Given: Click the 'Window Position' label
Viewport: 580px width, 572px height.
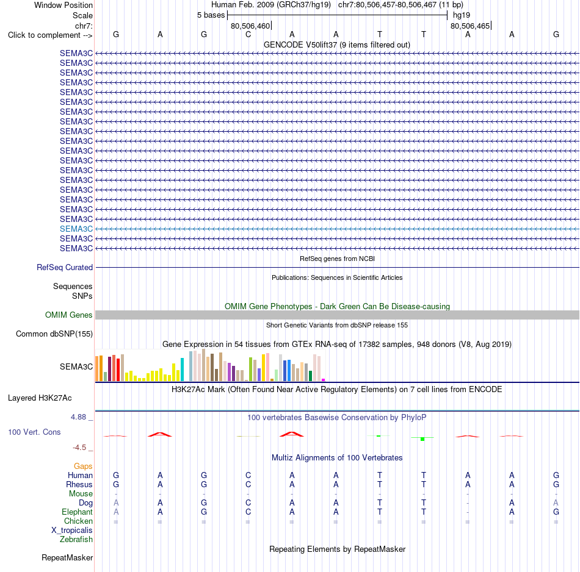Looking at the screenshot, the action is click(63, 5).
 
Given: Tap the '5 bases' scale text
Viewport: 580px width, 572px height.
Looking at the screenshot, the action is click(211, 15).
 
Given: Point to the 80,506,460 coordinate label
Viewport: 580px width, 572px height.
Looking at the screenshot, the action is click(250, 26).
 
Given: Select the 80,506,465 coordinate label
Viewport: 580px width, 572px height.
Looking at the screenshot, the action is click(470, 26).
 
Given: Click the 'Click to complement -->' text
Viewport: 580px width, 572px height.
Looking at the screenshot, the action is click(50, 35).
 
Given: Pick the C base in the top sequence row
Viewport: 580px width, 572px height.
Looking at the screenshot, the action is click(248, 34).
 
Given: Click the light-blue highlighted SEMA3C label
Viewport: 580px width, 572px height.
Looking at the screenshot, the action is click(76, 229).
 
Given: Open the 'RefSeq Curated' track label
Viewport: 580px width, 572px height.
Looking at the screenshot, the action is click(65, 267).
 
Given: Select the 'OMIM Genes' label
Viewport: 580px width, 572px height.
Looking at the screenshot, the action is click(69, 315).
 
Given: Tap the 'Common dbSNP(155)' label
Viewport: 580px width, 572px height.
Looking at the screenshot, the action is click(54, 334).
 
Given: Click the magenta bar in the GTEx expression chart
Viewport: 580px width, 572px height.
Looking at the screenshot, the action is click(324, 380).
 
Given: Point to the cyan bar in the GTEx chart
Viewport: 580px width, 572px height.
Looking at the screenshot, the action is click(182, 370).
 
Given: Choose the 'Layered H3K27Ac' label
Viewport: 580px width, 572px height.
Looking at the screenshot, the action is click(40, 398).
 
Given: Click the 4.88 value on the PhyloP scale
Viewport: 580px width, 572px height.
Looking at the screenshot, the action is click(78, 417).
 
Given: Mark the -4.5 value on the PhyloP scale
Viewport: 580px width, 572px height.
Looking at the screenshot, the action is click(79, 448).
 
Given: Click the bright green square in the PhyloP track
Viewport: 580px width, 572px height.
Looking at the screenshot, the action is click(422, 439).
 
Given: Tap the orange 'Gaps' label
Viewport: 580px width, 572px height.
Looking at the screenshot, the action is click(83, 467).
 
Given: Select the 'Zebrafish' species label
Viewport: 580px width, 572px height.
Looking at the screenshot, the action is click(76, 540).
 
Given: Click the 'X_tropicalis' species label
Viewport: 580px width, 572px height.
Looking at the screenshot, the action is click(72, 531).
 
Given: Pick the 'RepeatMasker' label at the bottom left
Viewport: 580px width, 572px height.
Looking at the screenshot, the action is click(67, 557).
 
